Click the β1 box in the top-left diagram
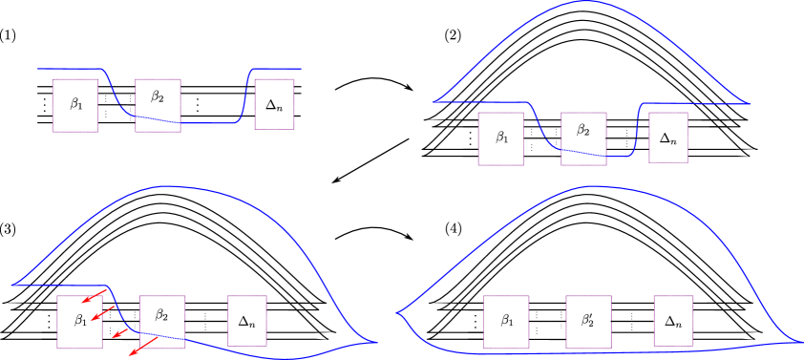point(75,105)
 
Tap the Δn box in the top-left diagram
point(275,105)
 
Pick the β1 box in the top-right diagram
point(501,138)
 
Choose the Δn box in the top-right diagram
point(668,138)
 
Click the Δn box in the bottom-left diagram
point(247,320)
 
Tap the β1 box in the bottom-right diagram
point(505,321)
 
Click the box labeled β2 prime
point(588,321)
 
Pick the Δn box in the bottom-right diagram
point(673,321)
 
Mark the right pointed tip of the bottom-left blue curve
point(376,342)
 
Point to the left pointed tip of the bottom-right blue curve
point(397,312)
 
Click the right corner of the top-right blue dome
point(747,103)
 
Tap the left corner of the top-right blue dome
point(434,100)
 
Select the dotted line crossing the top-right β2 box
point(582,153)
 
